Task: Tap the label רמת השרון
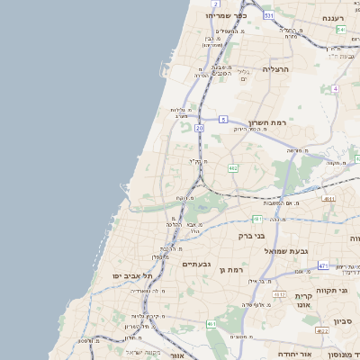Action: [266, 121]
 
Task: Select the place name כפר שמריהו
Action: [224, 15]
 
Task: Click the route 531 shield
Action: [268, 16]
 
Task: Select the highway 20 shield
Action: [199, 129]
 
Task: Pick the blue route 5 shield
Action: [222, 119]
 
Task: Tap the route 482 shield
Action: [233, 168]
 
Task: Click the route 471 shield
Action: [323, 265]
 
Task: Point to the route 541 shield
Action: [341, 30]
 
